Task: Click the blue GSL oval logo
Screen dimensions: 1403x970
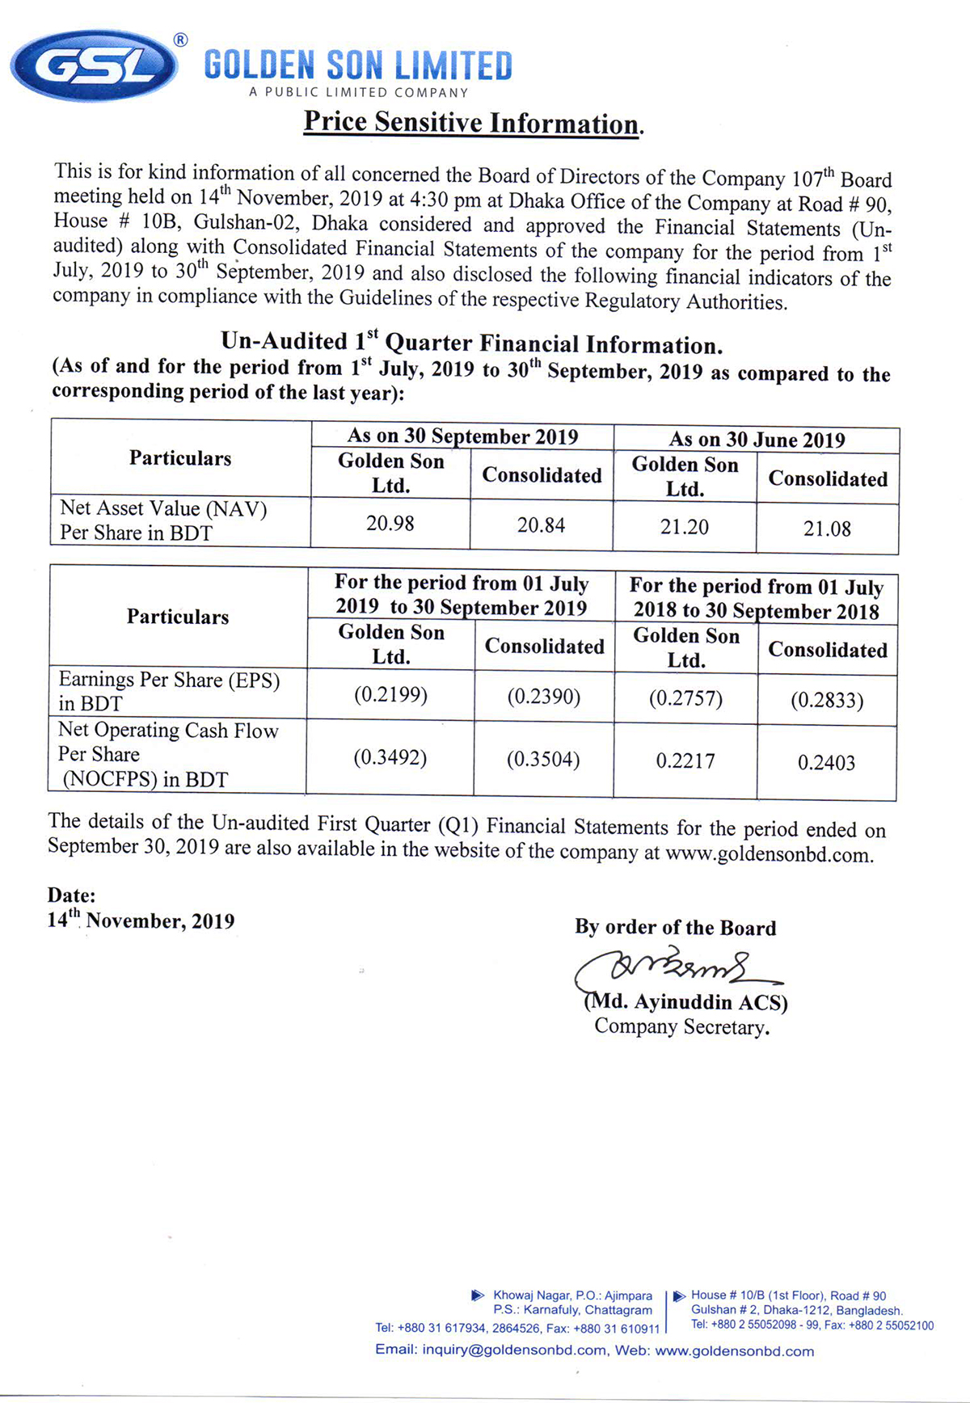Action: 94,65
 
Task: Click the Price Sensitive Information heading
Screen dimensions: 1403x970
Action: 473,123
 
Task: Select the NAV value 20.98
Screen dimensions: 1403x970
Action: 390,524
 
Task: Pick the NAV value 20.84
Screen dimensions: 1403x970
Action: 541,525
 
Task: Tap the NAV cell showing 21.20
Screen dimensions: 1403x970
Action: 684,527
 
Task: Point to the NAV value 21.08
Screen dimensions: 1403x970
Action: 827,529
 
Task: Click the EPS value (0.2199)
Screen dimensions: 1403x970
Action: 390,694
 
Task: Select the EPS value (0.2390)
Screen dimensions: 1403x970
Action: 543,697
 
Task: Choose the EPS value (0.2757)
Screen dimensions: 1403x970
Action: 685,698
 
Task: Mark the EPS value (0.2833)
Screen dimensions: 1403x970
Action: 827,700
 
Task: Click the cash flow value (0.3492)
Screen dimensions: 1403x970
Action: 390,757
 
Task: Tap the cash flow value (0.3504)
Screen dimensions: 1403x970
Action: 542,760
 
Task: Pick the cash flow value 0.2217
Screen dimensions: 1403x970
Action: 685,760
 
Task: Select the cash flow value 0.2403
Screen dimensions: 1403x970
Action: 826,762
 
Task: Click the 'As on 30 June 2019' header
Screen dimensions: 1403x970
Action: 757,440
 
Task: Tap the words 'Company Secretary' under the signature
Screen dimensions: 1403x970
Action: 681,1027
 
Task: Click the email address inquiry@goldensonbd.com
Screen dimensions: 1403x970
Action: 514,1350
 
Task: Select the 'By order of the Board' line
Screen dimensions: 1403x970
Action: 675,927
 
